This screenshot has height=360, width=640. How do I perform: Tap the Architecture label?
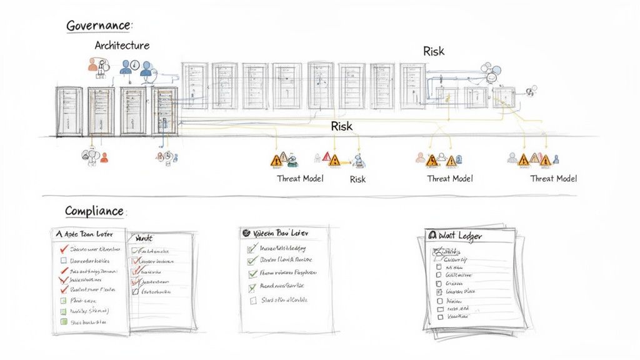pyautogui.click(x=122, y=46)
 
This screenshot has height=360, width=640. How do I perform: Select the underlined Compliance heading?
pyautogui.click(x=94, y=211)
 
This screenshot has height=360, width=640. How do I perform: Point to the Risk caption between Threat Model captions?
pyautogui.click(x=357, y=179)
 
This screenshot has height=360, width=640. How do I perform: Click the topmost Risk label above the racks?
pyautogui.click(x=433, y=51)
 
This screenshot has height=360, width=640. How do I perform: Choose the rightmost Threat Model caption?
pyautogui.click(x=554, y=179)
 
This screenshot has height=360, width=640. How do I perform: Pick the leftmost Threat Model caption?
pyautogui.click(x=300, y=179)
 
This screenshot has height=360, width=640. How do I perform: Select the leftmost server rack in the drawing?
pyautogui.click(x=69, y=111)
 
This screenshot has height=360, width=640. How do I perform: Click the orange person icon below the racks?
pyautogui.click(x=104, y=157)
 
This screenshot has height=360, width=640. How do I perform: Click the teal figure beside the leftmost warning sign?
pyautogui.click(x=291, y=160)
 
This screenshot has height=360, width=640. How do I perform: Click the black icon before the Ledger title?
pyautogui.click(x=431, y=236)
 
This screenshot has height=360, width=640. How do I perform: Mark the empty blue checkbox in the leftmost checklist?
pyautogui.click(x=63, y=260)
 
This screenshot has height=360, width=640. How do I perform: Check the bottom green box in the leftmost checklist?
pyautogui.click(x=63, y=322)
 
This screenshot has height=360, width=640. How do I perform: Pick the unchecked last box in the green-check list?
pyautogui.click(x=253, y=301)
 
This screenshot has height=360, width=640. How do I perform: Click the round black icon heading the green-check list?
pyautogui.click(x=246, y=232)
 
